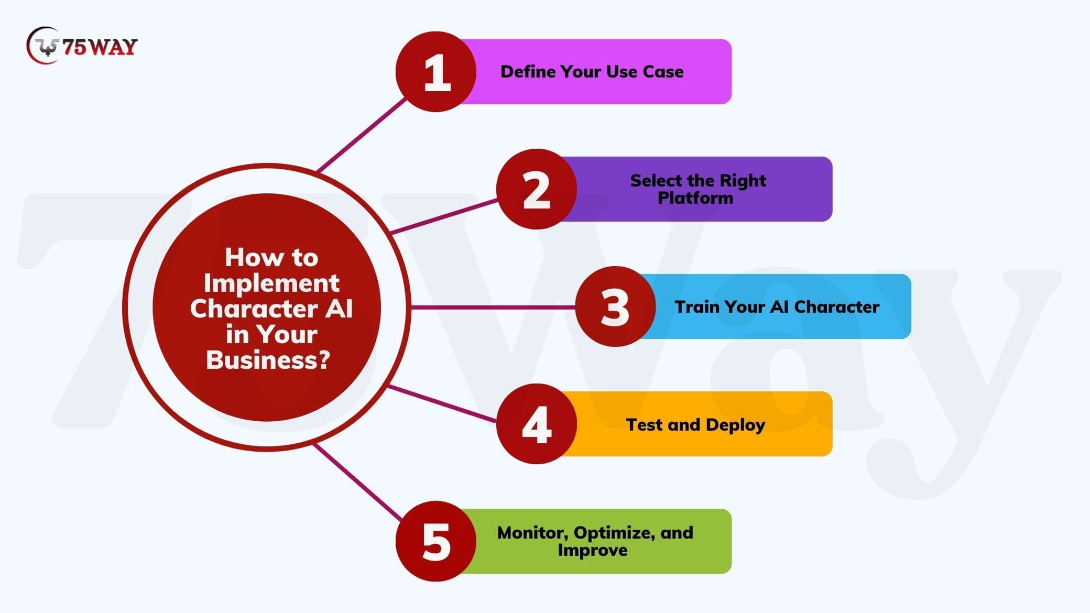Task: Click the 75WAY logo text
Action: tap(100, 47)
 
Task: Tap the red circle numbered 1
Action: tap(436, 72)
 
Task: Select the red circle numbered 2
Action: tap(536, 189)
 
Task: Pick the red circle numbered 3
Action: tap(615, 306)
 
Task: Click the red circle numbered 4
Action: tap(536, 424)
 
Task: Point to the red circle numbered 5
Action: tap(436, 541)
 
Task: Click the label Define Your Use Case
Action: tap(592, 72)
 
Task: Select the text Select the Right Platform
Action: tap(697, 189)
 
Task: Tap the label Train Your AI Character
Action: tap(777, 307)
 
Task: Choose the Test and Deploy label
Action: tap(695, 424)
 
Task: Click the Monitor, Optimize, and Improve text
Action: tap(595, 541)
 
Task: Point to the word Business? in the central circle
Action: tap(268, 360)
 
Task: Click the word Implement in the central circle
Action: tap(271, 283)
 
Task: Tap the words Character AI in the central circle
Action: tap(271, 309)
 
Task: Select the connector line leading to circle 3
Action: tap(493, 307)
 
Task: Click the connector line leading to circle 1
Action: tap(362, 135)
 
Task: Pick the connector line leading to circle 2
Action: tap(443, 216)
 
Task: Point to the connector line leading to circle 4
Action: tap(441, 403)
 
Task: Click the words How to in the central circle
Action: tap(271, 257)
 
